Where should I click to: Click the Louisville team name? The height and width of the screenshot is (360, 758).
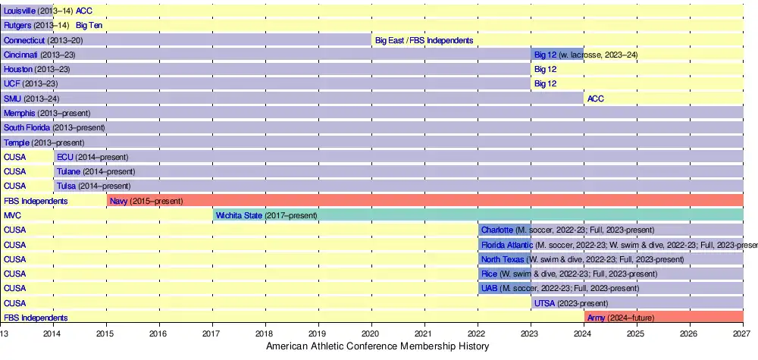(x=18, y=11)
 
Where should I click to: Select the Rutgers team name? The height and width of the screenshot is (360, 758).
(x=17, y=25)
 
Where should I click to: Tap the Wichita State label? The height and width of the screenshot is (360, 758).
(x=239, y=216)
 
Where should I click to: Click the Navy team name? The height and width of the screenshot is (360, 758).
(x=118, y=201)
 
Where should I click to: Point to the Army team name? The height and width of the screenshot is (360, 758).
(x=596, y=318)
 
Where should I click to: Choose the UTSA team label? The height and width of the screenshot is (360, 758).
(x=544, y=303)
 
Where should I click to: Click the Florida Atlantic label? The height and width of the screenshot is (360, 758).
(x=506, y=245)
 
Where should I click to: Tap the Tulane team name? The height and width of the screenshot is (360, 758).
(x=68, y=171)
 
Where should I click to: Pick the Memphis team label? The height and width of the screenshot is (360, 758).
(x=19, y=113)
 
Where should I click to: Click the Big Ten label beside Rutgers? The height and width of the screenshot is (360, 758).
(x=89, y=25)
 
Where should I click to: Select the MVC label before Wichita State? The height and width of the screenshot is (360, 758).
(x=12, y=216)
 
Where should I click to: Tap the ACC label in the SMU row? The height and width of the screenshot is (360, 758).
(x=595, y=99)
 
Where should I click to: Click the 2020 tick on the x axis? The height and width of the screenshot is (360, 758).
(x=371, y=333)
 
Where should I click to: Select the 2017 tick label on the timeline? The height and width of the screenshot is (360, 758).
(x=211, y=333)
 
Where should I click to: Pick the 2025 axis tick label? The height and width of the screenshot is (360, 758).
(x=636, y=333)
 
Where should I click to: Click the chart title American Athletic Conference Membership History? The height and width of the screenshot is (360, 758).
(x=378, y=346)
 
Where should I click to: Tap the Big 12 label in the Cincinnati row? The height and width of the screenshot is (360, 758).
(x=545, y=55)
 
